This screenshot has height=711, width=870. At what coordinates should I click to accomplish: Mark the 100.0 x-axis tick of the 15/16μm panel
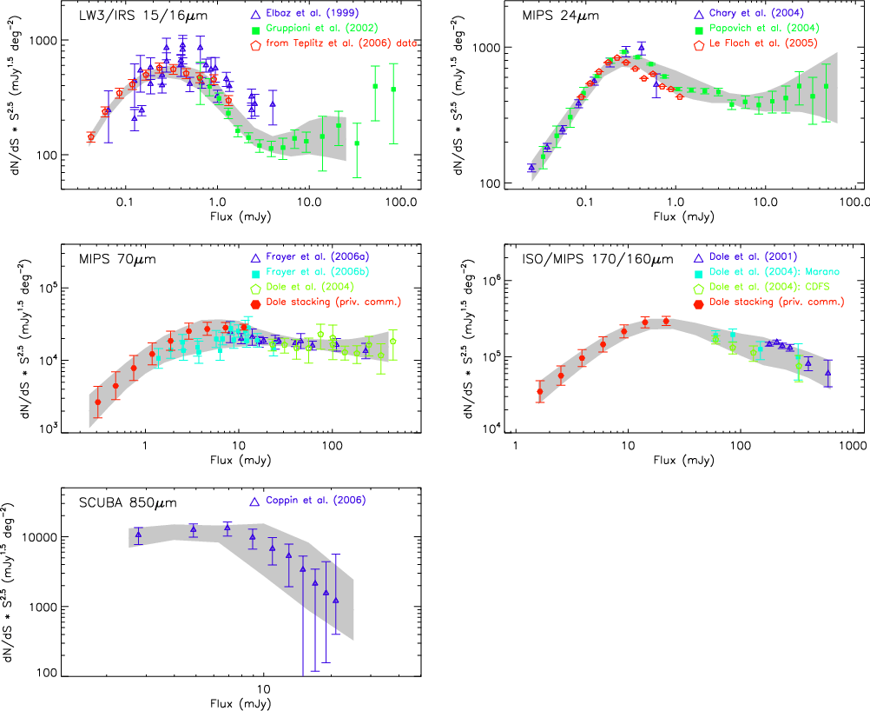point(402,202)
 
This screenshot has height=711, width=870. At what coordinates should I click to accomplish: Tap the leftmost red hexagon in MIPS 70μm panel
point(98,402)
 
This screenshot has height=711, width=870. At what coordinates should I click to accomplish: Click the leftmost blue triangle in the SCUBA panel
point(138,535)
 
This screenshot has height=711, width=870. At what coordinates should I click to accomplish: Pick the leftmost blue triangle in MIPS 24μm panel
point(531,168)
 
